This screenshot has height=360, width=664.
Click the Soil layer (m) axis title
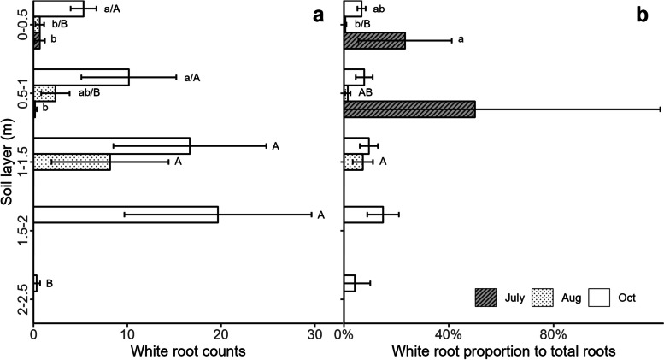pos(8,162)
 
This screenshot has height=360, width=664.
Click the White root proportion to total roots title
pos(503,351)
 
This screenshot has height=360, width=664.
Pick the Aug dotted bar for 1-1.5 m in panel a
pos(72,162)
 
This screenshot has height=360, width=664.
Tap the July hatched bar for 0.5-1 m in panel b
pos(409,109)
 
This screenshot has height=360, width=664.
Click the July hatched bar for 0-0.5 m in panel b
pos(374,40)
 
